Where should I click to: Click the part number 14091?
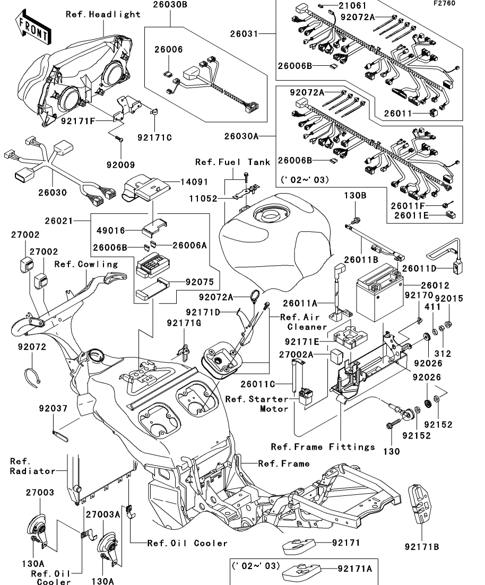pyautogui.click(x=194, y=182)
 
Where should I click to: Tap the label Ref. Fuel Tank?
pyautogui.click(x=233, y=162)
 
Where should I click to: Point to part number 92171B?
pyautogui.click(x=421, y=547)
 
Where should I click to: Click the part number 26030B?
pyautogui.click(x=170, y=5)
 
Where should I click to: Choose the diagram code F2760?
pyautogui.click(x=444, y=3)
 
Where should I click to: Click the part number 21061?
pyautogui.click(x=352, y=6)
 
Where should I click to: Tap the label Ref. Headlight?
pyautogui.click(x=103, y=14)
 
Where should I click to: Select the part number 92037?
pyautogui.click(x=54, y=408)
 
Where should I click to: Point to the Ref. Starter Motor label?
pyautogui.click(x=257, y=404)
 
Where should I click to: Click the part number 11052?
pyautogui.click(x=203, y=198)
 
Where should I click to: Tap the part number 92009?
pyautogui.click(x=120, y=165)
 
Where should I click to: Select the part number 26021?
pyautogui.click(x=58, y=221)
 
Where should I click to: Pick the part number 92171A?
pyautogui.click(x=355, y=569)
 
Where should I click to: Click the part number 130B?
pyautogui.click(x=355, y=195)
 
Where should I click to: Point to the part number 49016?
pyautogui.click(x=111, y=231)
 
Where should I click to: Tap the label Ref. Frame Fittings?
pyautogui.click(x=323, y=447)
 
